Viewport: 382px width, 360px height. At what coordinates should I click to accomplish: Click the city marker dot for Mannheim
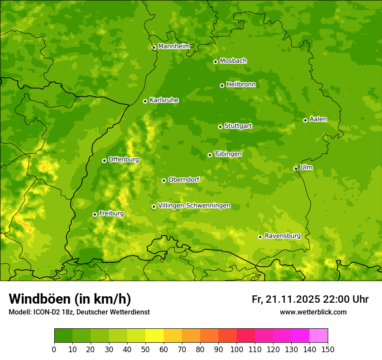154,48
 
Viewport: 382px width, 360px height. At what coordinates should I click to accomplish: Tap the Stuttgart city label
238,126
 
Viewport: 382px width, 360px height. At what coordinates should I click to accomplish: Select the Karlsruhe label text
164,100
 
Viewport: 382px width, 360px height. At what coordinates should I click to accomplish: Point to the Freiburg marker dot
95,214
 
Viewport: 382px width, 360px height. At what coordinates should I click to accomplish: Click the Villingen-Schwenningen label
194,206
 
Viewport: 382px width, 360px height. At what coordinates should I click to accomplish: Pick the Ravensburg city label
283,236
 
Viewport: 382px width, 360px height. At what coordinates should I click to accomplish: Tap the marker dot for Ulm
296,168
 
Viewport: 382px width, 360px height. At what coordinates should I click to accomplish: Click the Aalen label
318,119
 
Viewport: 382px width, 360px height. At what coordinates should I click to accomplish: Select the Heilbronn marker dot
222,85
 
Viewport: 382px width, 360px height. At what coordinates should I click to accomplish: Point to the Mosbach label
233,61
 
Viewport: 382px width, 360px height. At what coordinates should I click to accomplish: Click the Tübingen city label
228,154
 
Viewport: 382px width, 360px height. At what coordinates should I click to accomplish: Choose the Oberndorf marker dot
164,180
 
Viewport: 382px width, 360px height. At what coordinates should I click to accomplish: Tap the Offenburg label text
124,160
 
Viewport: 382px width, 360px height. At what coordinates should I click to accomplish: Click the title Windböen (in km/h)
70,299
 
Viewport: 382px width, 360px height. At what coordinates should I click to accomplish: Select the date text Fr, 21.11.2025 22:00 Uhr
310,299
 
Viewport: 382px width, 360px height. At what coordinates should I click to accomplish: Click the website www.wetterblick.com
313,312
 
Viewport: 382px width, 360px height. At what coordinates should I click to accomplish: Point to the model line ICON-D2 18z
79,312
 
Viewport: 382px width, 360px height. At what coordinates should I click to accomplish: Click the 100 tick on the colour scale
236,349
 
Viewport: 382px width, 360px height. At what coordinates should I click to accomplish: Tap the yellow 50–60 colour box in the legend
154,336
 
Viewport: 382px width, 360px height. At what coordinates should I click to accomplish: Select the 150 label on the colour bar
328,349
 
